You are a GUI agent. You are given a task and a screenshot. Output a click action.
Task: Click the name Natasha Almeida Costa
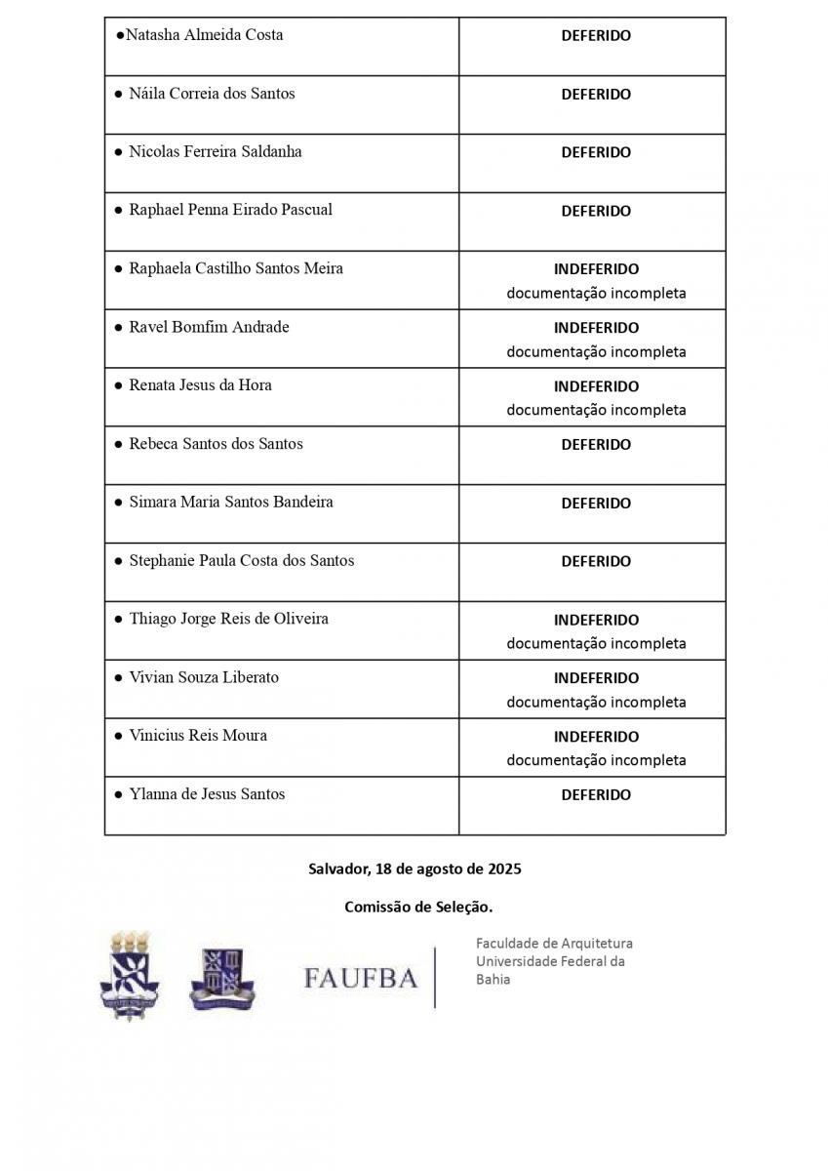(204, 35)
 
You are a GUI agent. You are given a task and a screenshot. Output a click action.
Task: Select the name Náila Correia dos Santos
(212, 94)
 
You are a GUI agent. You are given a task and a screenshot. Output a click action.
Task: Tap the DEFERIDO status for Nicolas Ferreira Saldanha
(596, 152)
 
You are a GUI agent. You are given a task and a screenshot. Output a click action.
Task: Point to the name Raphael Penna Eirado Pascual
(230, 210)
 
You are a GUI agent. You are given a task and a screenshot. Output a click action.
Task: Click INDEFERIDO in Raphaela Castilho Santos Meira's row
(596, 268)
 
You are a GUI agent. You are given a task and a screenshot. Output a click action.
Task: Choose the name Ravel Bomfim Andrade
(209, 327)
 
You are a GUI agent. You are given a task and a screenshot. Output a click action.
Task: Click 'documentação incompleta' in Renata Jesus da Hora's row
(596, 410)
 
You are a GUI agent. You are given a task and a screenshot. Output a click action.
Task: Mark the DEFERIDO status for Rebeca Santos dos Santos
(596, 444)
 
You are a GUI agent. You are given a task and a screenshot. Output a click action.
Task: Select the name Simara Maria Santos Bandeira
(231, 502)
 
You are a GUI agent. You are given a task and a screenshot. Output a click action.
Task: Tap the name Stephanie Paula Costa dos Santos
(241, 560)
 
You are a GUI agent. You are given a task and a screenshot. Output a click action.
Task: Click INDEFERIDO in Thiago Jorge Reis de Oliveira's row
(596, 620)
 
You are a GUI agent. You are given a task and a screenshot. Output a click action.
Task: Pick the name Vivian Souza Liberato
(204, 677)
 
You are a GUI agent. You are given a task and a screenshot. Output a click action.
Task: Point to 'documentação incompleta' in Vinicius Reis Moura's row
(596, 760)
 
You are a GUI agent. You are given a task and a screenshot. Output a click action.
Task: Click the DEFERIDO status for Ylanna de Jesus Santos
(596, 794)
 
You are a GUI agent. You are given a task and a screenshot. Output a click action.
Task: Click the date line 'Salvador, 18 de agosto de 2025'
(414, 868)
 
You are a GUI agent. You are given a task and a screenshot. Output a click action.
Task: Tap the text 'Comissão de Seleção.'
(418, 908)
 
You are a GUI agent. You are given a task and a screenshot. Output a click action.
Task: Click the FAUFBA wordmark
(360, 977)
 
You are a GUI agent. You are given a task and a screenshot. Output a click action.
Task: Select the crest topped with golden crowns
(130, 975)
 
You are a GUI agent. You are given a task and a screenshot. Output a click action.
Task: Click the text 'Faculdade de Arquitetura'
(554, 944)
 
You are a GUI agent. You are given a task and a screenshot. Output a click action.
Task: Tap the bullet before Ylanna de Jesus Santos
(118, 794)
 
